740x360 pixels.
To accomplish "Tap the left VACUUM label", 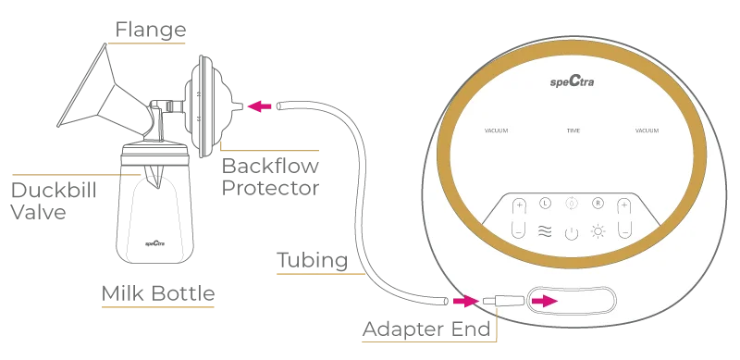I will click(x=496, y=130).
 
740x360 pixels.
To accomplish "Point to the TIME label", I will click(x=573, y=130).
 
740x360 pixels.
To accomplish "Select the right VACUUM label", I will click(x=647, y=130).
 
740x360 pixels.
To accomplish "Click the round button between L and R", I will click(x=571, y=203).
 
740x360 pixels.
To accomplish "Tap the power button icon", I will click(x=571, y=231).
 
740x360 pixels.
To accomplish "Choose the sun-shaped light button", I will click(x=598, y=230).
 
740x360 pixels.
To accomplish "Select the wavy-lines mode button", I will click(x=545, y=231).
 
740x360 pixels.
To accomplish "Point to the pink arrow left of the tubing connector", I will click(x=463, y=302).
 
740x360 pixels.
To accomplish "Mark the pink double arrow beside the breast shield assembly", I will click(x=260, y=106).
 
